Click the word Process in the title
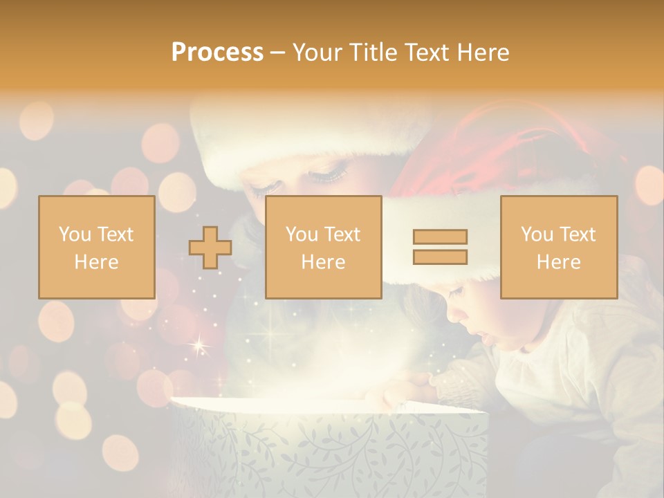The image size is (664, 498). tap(217, 53)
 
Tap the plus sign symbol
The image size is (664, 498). tap(210, 248)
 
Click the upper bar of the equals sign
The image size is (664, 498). tap(440, 237)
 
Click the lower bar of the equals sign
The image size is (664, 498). tap(440, 257)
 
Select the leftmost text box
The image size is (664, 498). tap(96, 248)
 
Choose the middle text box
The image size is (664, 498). tap(323, 248)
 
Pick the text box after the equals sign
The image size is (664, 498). tap(558, 248)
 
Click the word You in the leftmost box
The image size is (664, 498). tap(73, 234)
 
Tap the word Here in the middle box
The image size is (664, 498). tap(323, 262)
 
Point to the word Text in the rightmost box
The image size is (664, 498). tap(578, 234)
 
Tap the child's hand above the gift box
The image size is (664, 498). tap(408, 385)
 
